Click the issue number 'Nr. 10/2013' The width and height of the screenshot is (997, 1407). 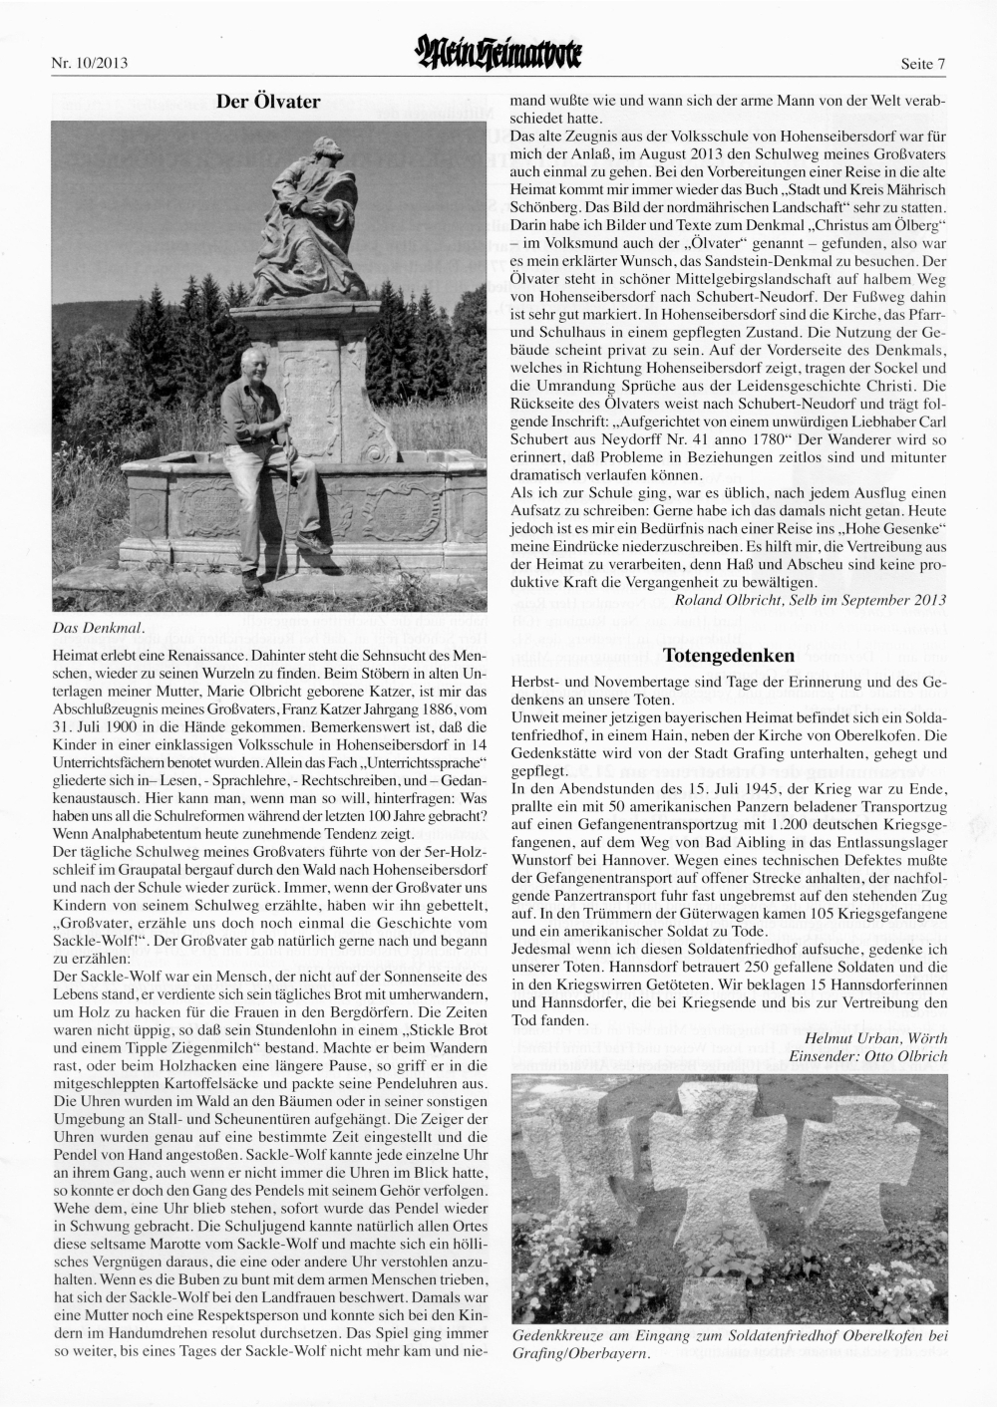[89, 65]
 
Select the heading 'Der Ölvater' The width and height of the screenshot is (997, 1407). [268, 101]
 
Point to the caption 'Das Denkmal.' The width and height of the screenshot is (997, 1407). [99, 627]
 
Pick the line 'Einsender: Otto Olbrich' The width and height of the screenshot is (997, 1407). [867, 1055]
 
